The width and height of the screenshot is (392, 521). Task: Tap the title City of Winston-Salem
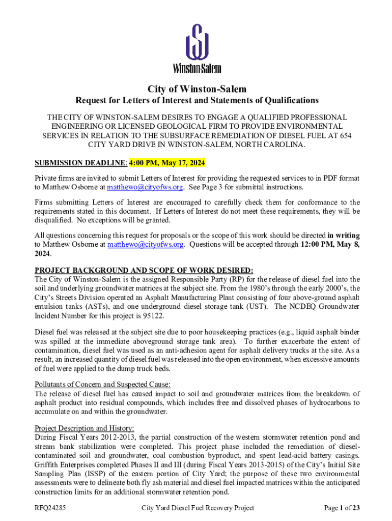click(197, 89)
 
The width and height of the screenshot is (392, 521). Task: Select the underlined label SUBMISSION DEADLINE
click(80, 163)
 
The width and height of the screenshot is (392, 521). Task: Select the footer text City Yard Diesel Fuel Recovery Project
click(198, 508)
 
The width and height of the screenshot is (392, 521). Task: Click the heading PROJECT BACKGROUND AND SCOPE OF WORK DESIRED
click(144, 270)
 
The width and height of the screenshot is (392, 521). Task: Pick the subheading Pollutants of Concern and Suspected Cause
click(102, 384)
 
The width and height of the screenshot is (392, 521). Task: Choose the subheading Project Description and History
click(84, 428)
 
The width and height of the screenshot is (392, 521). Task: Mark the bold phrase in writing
click(344, 236)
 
